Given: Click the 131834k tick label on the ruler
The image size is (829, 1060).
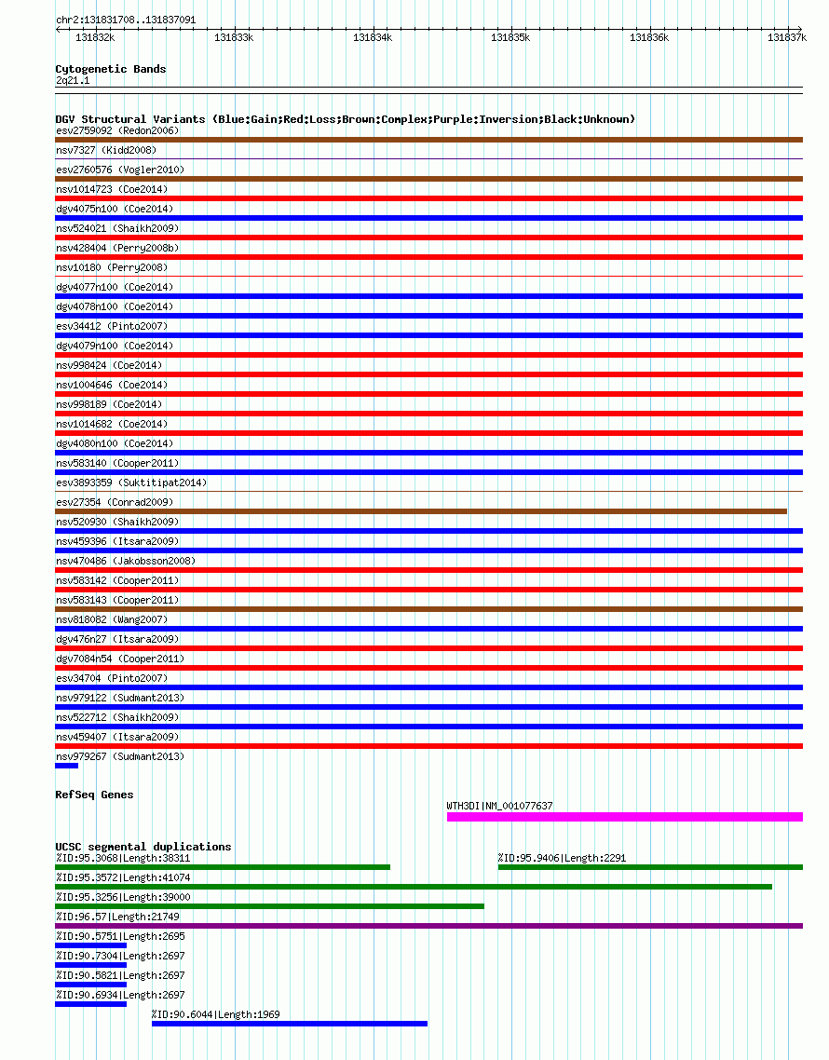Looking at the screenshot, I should click(x=373, y=37).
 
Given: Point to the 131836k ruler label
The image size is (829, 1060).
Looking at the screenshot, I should click(x=649, y=37).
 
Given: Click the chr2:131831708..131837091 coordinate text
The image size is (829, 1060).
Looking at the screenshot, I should click(x=126, y=19).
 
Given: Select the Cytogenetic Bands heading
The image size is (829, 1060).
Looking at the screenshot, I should click(x=111, y=69).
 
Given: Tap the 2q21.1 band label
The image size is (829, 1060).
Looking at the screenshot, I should click(x=73, y=81).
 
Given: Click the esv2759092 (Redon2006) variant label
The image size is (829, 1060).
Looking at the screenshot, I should click(x=117, y=130).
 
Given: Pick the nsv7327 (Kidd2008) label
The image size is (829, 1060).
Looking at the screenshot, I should click(x=106, y=150).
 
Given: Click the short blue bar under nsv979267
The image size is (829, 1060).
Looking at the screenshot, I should click(x=66, y=766).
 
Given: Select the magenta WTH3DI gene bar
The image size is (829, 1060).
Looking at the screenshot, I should click(x=624, y=817).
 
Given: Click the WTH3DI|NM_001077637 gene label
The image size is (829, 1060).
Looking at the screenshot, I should click(x=499, y=806).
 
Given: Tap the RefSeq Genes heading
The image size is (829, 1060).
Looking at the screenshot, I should click(x=94, y=795).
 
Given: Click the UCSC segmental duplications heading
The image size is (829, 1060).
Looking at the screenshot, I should click(x=143, y=847).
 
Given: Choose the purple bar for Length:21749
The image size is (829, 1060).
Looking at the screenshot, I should click(x=428, y=926).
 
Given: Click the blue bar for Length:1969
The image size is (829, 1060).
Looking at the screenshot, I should click(x=289, y=1024).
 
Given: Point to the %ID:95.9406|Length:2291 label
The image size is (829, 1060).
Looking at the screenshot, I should click(x=560, y=858).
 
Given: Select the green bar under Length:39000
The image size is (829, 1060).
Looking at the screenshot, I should click(x=269, y=906).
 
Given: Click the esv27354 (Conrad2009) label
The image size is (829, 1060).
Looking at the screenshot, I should click(x=115, y=502).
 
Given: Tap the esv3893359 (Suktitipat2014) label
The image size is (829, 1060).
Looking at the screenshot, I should click(x=131, y=482).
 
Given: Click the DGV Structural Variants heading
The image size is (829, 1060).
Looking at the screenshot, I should click(x=345, y=119).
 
